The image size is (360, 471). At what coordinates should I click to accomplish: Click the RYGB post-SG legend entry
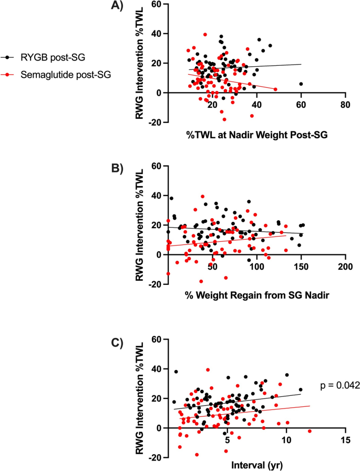click(x=43, y=57)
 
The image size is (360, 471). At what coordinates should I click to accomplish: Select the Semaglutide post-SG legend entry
click(x=56, y=75)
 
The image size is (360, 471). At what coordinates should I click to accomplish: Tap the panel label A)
click(x=117, y=5)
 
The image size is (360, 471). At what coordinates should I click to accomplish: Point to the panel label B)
click(x=117, y=169)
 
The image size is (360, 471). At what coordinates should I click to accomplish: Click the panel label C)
click(x=117, y=343)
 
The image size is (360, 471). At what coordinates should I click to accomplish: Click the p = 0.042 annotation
click(x=340, y=385)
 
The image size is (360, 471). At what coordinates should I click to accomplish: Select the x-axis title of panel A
click(x=256, y=135)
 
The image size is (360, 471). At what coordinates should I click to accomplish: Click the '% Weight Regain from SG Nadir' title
click(x=257, y=295)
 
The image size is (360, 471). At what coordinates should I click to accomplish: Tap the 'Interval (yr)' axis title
click(x=257, y=465)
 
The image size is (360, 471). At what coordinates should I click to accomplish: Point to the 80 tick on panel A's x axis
click(x=346, y=104)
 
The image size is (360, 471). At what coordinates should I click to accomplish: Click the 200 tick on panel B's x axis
click(x=346, y=267)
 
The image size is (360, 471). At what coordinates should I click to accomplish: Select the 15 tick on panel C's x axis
click(x=346, y=440)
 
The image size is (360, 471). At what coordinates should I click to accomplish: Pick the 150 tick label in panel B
click(x=301, y=267)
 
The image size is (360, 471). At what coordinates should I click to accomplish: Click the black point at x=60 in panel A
click(x=301, y=84)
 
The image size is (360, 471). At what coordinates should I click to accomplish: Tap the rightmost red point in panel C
click(x=310, y=432)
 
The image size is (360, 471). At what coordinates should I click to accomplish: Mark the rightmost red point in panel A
click(x=275, y=89)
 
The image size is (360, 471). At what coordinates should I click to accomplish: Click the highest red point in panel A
click(x=205, y=35)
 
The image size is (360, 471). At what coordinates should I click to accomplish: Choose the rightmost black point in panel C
click(x=301, y=390)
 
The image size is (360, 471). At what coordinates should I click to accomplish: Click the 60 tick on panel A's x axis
click(x=301, y=104)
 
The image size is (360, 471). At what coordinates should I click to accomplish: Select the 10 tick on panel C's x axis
click(x=286, y=440)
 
